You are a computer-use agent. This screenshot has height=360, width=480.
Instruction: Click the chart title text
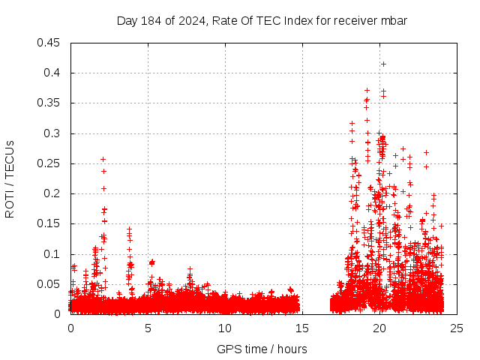262,20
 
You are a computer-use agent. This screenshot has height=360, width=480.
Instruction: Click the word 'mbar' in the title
393,20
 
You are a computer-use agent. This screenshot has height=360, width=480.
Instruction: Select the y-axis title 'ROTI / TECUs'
10,178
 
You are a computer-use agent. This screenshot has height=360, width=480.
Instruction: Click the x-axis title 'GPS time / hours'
262,349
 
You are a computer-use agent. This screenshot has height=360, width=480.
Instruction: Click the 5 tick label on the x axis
148,328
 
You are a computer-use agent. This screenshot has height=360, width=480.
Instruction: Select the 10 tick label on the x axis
225,328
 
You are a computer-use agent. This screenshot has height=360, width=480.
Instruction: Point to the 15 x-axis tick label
302,328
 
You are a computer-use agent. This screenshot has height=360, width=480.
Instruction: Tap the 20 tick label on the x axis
379,328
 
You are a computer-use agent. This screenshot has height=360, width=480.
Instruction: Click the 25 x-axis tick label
457,328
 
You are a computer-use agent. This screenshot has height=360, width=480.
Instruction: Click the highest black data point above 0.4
383,64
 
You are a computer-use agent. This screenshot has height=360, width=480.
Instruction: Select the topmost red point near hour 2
103,159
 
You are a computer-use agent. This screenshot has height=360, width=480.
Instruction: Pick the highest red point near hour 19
367,90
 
